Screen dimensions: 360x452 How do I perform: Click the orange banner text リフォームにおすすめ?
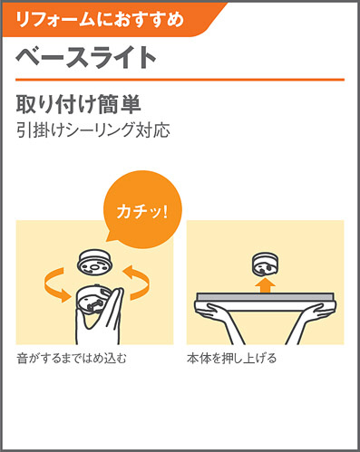pos(100,19)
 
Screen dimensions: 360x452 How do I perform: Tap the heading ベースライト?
pos(86,57)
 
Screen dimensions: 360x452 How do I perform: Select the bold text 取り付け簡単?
pos(78,104)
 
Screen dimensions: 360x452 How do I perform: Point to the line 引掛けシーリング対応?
pos(92,130)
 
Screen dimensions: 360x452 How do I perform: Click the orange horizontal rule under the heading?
pos(180,80)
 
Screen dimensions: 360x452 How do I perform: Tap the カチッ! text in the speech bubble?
pos(141,211)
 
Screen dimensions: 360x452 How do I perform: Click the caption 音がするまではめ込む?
pos(72,359)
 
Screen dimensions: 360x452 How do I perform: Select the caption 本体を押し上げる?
pos(231,359)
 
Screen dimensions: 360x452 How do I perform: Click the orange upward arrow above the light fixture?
pos(265,284)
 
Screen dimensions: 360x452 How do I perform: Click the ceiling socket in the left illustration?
pos(95,262)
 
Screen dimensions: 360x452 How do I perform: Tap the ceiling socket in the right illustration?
pos(265,264)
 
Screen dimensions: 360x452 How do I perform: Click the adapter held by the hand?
pos(92,301)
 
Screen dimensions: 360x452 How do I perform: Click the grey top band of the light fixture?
pos(265,296)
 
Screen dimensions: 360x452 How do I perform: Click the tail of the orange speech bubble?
pos(111,238)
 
